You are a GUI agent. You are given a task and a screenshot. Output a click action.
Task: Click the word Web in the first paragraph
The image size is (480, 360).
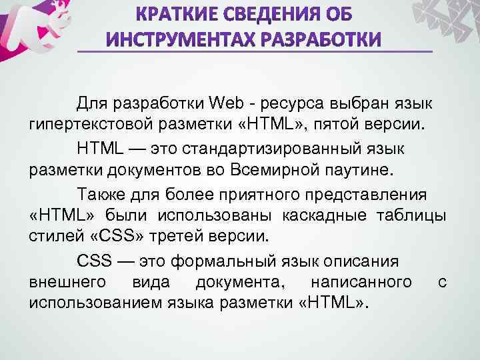pos(227,104)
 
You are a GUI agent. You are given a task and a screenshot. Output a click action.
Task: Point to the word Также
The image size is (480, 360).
pos(100,194)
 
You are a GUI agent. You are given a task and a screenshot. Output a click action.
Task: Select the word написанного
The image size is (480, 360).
pos(360,283)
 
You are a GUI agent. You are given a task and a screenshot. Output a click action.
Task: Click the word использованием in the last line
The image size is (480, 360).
pos(89,303)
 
